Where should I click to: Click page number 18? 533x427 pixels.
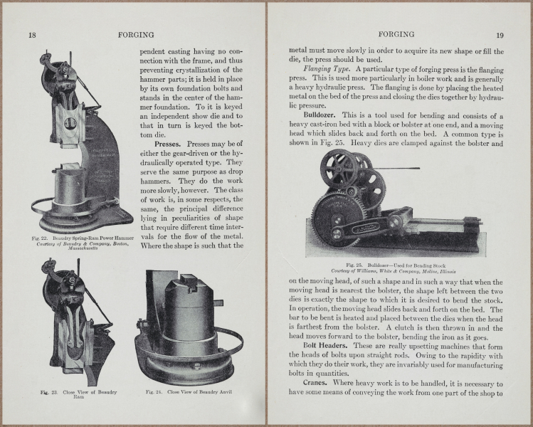click(x=32, y=35)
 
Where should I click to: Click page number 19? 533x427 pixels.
click(x=500, y=35)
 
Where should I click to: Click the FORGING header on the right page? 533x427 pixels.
click(x=396, y=34)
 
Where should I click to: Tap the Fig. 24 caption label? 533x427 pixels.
click(x=154, y=391)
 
